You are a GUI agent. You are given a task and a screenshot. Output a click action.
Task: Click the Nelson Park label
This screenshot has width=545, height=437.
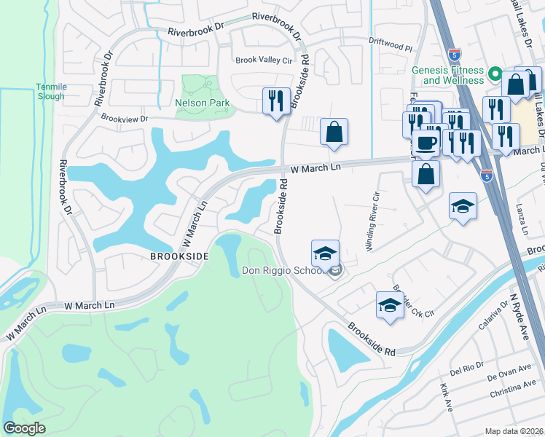(202, 103)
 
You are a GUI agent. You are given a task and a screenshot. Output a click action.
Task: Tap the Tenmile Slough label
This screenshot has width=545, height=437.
(51, 91)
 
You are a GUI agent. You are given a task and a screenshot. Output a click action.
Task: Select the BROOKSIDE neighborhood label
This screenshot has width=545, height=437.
(179, 256)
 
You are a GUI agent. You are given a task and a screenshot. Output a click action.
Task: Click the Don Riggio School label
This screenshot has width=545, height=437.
(284, 272)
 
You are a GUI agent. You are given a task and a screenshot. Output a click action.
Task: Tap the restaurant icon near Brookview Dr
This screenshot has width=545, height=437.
(276, 100)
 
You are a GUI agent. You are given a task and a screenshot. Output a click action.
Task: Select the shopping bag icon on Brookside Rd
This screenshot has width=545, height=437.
(334, 132)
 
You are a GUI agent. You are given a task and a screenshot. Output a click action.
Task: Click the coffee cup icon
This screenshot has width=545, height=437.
(426, 142)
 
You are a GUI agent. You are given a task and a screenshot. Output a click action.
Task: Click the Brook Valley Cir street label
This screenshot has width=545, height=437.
(262, 60)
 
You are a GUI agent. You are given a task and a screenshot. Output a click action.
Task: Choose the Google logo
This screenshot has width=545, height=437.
(24, 428)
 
